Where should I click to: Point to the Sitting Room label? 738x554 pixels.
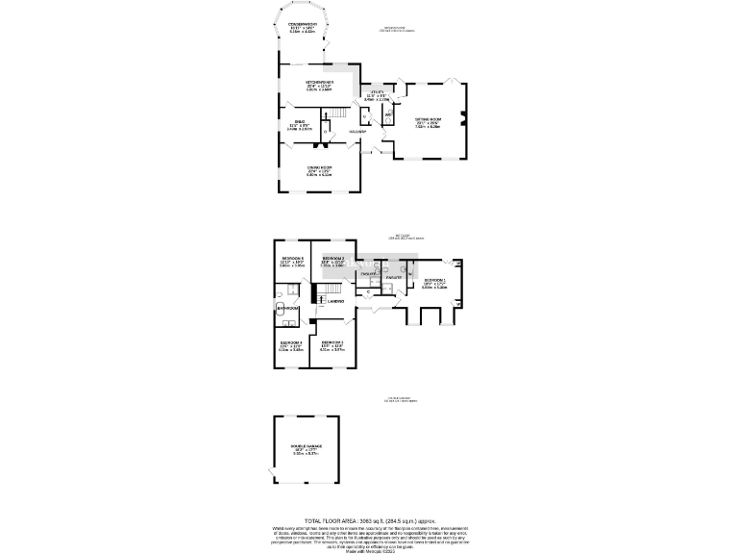(428, 120)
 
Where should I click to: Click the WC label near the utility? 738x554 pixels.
(389, 115)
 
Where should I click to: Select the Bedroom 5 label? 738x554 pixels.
(292, 259)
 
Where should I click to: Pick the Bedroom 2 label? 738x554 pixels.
(332, 259)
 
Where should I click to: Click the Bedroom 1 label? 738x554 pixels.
(434, 280)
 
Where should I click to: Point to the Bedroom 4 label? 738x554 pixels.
(292, 342)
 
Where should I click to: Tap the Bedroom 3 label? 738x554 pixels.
(332, 342)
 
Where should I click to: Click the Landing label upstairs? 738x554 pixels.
(335, 302)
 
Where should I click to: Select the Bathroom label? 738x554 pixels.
(286, 308)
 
